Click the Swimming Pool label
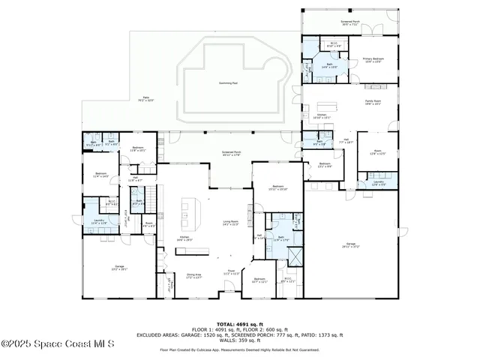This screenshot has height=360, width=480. pos(229,83)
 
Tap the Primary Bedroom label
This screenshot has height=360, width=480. pos(373,59)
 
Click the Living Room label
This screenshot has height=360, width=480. pos(230,223)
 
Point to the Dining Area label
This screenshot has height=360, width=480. pos(194,275)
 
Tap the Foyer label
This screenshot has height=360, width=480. pos(232,271)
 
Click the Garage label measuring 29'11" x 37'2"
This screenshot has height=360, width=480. pos(351,244)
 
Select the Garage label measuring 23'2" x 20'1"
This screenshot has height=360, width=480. pos(119,267)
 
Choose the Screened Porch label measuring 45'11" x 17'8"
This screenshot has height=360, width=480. pos(230,154)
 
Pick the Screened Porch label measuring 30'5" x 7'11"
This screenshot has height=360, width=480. pos(350,23)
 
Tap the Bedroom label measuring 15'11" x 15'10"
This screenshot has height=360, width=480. pos(277,187)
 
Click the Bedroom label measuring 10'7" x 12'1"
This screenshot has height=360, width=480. pos(259,281)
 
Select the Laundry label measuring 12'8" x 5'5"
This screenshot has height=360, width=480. pos(378,183)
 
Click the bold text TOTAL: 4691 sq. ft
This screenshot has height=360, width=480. pos(239,322)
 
